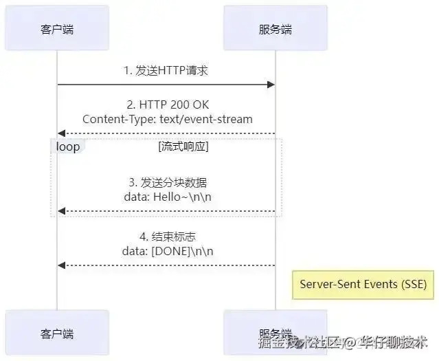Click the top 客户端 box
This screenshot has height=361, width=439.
tap(57, 30)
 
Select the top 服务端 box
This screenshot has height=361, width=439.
tap(275, 30)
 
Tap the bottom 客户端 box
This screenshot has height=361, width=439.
tap(57, 334)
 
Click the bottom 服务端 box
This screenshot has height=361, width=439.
tap(275, 333)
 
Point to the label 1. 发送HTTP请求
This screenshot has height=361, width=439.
tap(167, 70)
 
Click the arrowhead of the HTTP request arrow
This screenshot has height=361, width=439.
tap(271, 85)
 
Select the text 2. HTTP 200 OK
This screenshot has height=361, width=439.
tap(167, 105)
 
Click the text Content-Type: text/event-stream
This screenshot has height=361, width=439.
tap(167, 119)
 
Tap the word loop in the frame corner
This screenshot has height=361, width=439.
tap(67, 146)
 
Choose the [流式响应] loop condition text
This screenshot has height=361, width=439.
tap(183, 146)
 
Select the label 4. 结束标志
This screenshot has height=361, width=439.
tap(167, 237)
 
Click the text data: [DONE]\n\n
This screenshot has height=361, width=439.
tap(167, 250)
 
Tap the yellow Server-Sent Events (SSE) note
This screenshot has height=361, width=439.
tap(363, 284)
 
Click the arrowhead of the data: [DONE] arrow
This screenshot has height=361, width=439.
tap(61, 265)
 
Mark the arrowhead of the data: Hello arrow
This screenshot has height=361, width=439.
tap(61, 210)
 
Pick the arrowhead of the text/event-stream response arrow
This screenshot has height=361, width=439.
tap(61, 133)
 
